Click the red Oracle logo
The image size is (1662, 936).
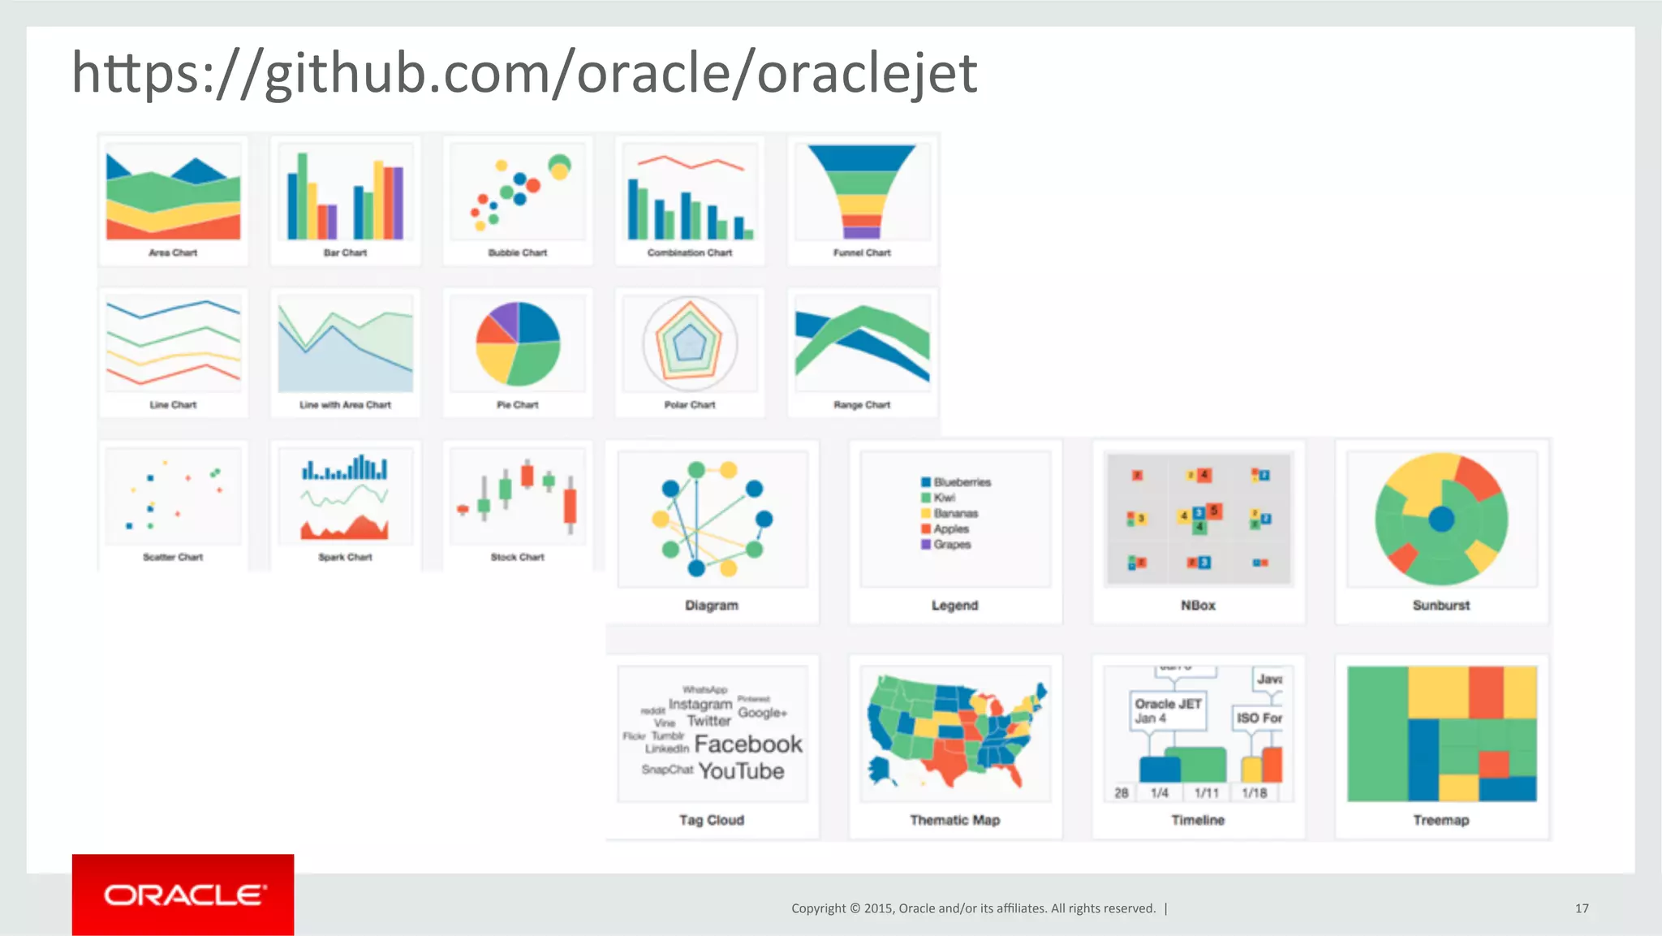click(183, 895)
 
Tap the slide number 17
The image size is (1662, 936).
click(1582, 908)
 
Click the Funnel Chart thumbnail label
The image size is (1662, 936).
click(862, 252)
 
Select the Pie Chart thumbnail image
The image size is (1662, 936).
click(518, 343)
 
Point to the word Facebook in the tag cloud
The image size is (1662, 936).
click(747, 744)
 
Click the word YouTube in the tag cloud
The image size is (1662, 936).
click(741, 770)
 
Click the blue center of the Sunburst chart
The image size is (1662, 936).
click(1441, 519)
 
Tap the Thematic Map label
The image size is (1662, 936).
click(954, 820)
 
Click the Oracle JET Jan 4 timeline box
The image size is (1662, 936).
click(1167, 710)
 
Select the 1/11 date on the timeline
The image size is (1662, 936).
click(1206, 793)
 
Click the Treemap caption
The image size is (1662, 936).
click(1440, 820)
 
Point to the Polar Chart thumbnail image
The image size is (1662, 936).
click(690, 343)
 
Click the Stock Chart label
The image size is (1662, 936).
click(517, 557)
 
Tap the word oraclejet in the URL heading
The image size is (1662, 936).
click(867, 73)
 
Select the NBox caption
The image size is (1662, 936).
click(1198, 605)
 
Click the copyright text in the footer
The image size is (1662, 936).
click(973, 908)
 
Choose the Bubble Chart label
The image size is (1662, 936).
click(517, 252)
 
